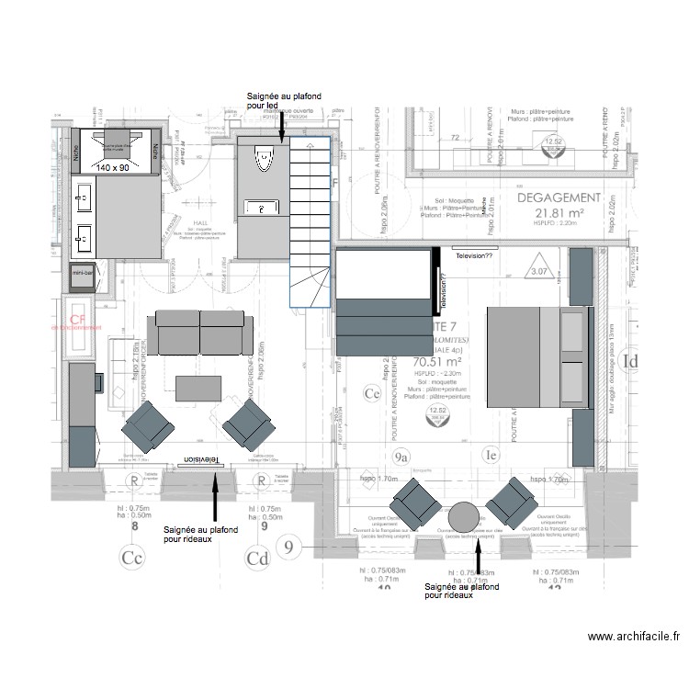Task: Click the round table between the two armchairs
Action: (x=463, y=518)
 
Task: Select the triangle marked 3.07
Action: (x=538, y=271)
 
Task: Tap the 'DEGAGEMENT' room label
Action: (x=559, y=198)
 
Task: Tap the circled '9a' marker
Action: (x=401, y=456)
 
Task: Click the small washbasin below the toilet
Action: (x=264, y=209)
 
